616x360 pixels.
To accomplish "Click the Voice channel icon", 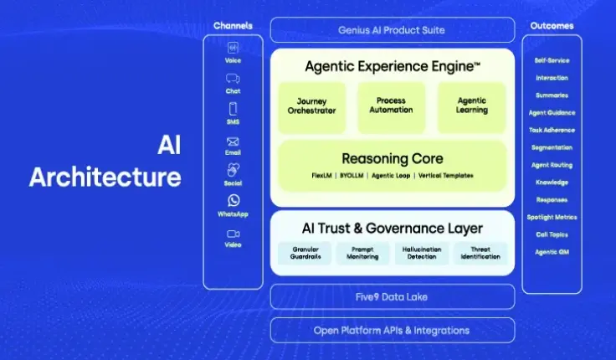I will pos(233,48).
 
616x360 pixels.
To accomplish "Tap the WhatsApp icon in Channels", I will pos(233,200).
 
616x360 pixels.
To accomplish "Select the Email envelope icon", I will pos(233,141).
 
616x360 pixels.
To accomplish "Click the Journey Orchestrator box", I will pos(311,106).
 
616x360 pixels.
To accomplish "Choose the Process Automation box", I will pos(391,106).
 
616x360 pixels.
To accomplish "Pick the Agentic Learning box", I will pos(471,106).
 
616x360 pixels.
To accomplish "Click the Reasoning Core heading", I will pos(392,158).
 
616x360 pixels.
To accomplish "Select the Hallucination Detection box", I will pos(422,253).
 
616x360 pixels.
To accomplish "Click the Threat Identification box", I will pos(480,253).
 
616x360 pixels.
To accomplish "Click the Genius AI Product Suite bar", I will pos(392,30).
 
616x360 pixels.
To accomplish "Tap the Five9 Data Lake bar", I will pos(392,296).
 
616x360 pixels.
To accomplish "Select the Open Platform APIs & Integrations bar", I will pos(392,330).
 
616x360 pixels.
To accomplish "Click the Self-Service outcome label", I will pos(552,60).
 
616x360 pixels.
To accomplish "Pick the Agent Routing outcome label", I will pos(552,165).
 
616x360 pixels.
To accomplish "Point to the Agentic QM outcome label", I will pos(552,252).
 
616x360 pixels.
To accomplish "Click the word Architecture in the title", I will pos(105,177).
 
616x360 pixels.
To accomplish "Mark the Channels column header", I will pos(233,26).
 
